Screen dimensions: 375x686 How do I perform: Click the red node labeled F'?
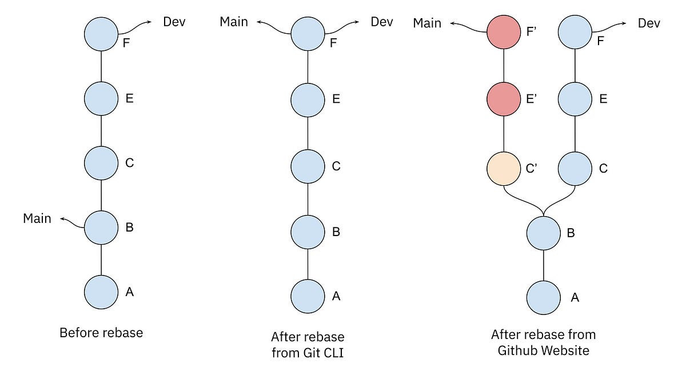click(x=503, y=33)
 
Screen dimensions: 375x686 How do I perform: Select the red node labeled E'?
click(x=503, y=98)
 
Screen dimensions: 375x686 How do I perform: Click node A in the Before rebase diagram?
click(x=101, y=292)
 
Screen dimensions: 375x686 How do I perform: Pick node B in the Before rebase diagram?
click(x=101, y=227)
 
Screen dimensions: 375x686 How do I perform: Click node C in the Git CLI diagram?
click(x=308, y=166)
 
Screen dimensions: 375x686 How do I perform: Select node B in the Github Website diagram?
click(x=544, y=233)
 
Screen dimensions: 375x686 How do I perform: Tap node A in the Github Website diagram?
click(x=544, y=297)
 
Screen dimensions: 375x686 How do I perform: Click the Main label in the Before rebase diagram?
click(x=37, y=218)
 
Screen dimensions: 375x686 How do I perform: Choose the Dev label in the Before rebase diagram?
click(x=174, y=22)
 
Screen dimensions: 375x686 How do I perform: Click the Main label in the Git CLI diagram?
click(x=234, y=22)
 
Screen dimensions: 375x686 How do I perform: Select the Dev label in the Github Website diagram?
click(x=649, y=23)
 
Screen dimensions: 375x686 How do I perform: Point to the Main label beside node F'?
click(x=427, y=23)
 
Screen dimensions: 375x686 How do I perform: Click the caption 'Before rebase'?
click(x=101, y=333)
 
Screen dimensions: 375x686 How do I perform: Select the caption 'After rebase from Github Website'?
click(x=543, y=342)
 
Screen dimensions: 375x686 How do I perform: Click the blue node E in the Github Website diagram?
click(x=575, y=98)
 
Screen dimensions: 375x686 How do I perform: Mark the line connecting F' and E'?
click(x=503, y=66)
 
